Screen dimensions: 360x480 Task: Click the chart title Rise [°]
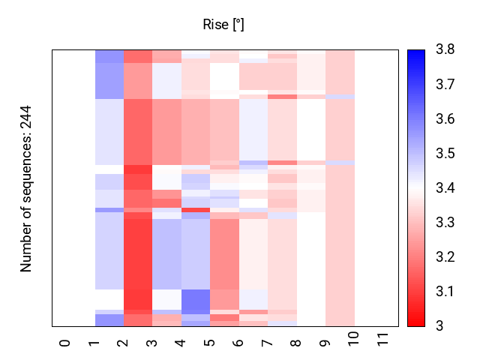[223, 25]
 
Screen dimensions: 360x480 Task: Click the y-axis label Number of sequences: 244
[27, 188]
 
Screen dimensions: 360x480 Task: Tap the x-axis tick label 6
[239, 343]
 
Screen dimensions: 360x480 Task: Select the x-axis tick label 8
[297, 343]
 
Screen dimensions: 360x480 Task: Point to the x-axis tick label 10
[355, 345]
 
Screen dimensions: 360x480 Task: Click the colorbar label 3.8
[444, 49]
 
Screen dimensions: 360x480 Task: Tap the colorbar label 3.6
[444, 118]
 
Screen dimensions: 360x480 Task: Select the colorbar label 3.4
[444, 187]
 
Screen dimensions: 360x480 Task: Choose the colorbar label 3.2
[444, 256]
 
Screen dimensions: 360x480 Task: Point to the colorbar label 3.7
[444, 84]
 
